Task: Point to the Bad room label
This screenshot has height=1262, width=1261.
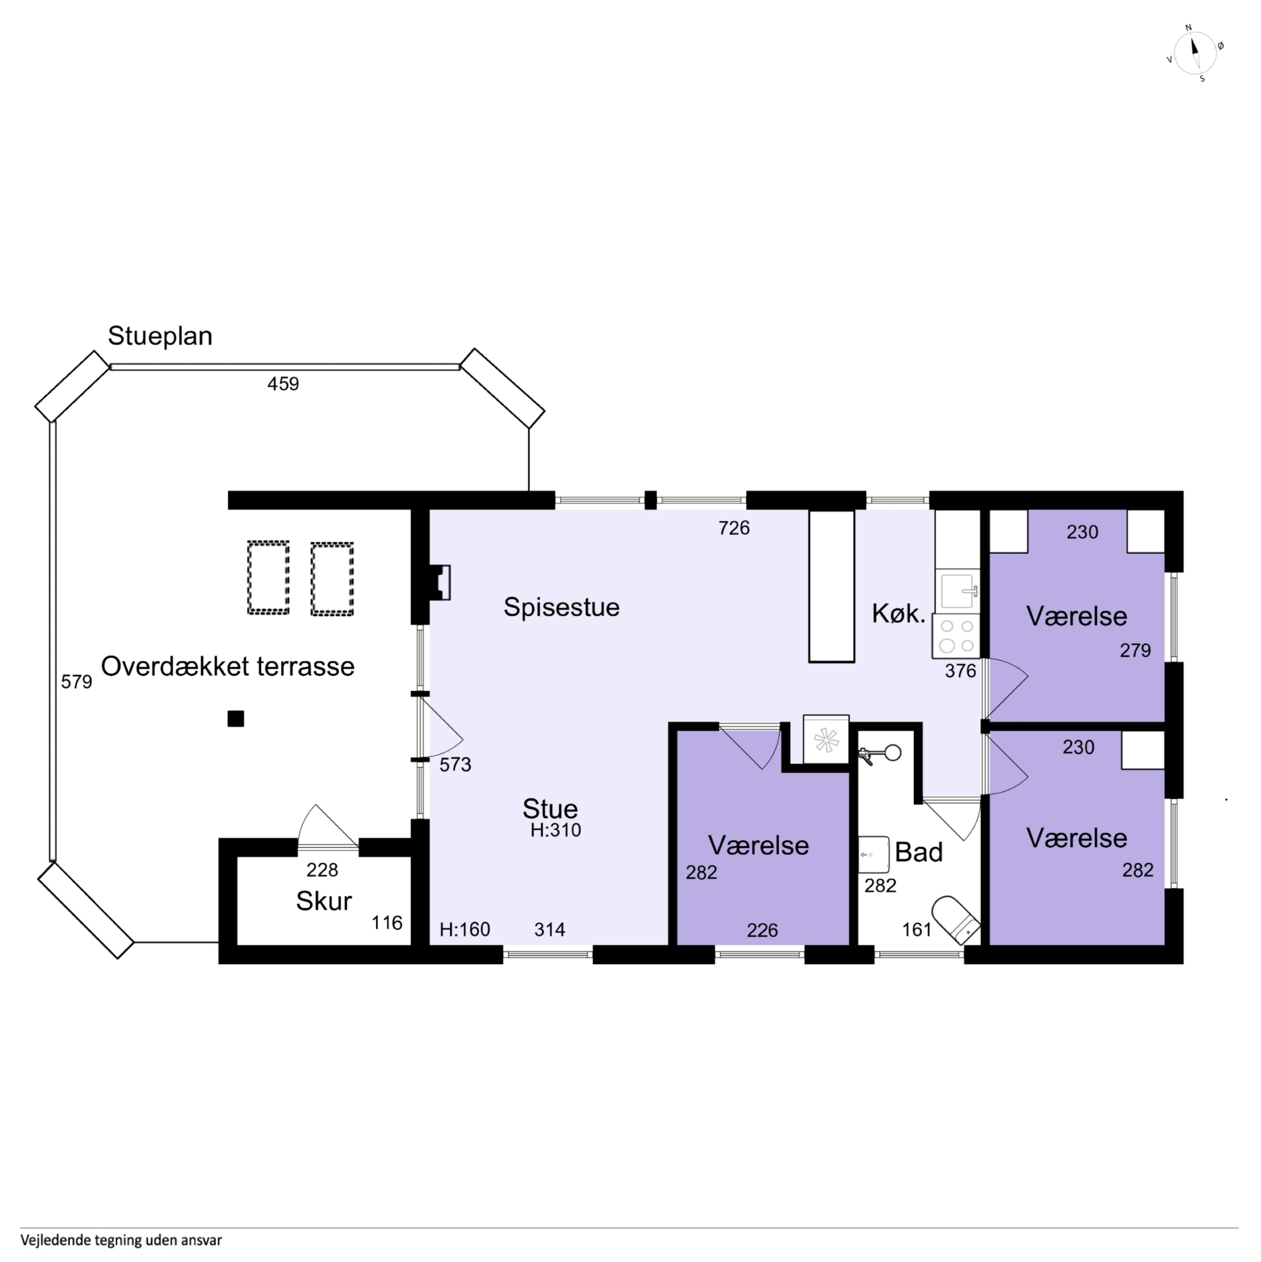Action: [x=919, y=852]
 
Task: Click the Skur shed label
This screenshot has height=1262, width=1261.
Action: [x=324, y=902]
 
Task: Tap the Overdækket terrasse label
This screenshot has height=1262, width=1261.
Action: [x=228, y=667]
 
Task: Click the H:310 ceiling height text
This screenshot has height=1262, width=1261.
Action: [x=556, y=830]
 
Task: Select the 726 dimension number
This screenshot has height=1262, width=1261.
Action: [x=734, y=528]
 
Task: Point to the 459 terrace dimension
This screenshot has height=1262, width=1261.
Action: [x=283, y=384]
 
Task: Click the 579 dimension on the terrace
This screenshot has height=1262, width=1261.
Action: [x=76, y=682]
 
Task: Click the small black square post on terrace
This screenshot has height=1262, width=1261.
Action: [x=236, y=718]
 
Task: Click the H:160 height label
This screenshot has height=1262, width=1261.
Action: [x=465, y=930]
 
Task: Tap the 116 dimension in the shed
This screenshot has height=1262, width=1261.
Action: [x=387, y=923]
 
